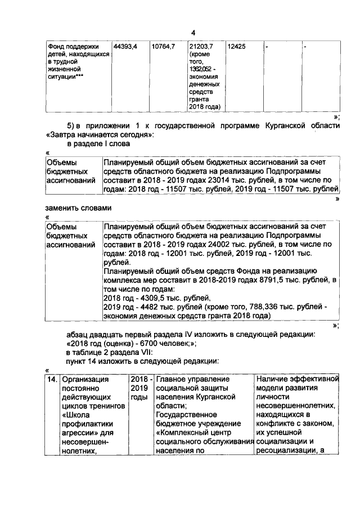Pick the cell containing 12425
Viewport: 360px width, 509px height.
[236, 46]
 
